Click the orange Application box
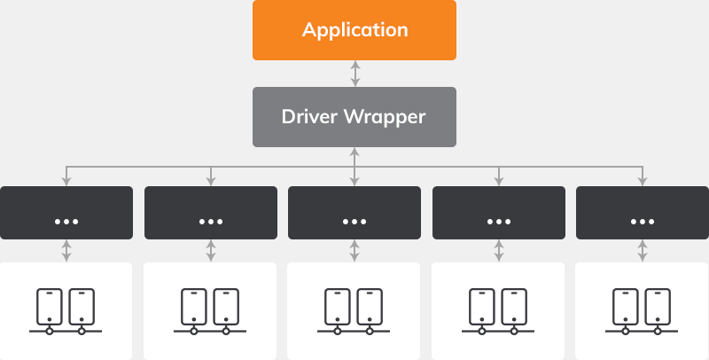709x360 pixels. point(354,30)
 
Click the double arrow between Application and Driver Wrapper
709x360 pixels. point(354,74)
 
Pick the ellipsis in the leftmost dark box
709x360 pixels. point(66,219)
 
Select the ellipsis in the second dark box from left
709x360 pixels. point(210,219)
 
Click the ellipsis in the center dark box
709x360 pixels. point(354,219)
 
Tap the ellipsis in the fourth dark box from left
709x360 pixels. point(498,219)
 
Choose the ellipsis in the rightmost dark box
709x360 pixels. point(643,219)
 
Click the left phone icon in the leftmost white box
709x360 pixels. point(50,305)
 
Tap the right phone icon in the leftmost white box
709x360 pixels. point(82,305)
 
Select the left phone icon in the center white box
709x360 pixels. point(338,305)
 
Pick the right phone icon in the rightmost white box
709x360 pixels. point(658,305)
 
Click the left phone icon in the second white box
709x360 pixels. point(193,305)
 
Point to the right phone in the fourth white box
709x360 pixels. point(514,305)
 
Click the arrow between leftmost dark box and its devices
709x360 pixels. point(66,251)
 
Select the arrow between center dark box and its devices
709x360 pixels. point(354,251)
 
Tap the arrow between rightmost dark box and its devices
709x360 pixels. point(643,251)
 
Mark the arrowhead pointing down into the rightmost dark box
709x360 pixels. point(643,181)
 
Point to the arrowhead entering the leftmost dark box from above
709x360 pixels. point(66,181)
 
